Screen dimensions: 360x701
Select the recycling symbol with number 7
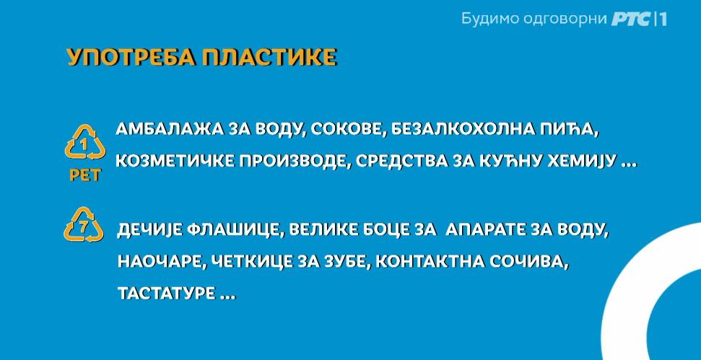coord(84,224)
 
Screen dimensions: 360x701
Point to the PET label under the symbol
coord(85,175)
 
